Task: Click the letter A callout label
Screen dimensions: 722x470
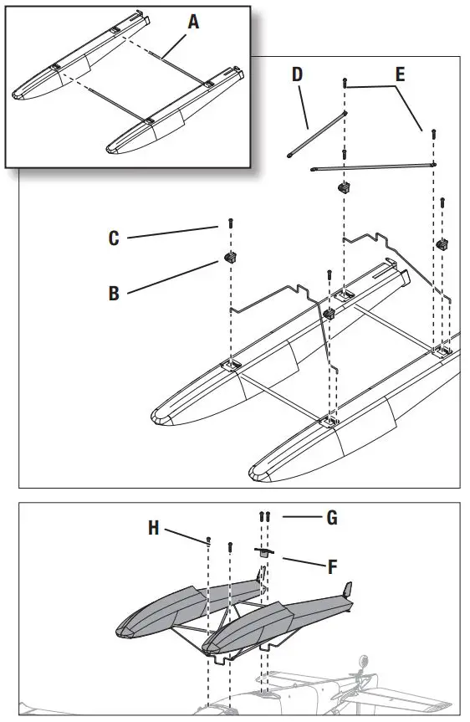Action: click(x=193, y=23)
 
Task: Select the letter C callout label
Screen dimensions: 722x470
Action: click(x=114, y=238)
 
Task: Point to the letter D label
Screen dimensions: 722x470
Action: click(x=297, y=75)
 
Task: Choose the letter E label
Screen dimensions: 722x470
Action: click(x=400, y=75)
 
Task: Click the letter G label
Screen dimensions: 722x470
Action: click(x=331, y=519)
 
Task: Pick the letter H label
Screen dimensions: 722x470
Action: click(x=153, y=529)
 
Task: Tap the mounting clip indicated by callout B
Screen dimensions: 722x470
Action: click(x=227, y=256)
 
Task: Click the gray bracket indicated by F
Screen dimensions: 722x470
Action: click(x=263, y=551)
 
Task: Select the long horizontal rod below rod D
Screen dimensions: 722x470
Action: click(x=372, y=166)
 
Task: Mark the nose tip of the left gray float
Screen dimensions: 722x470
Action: click(x=120, y=629)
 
